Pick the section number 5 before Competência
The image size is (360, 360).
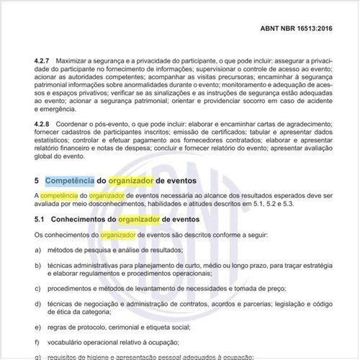pos(37,180)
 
